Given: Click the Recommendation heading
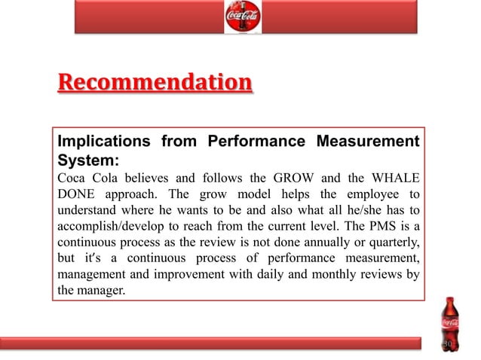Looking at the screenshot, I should point(155,81).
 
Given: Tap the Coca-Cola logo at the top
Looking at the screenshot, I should point(243,17).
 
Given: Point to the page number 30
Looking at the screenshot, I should point(448,344).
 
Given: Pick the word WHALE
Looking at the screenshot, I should point(391,178).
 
